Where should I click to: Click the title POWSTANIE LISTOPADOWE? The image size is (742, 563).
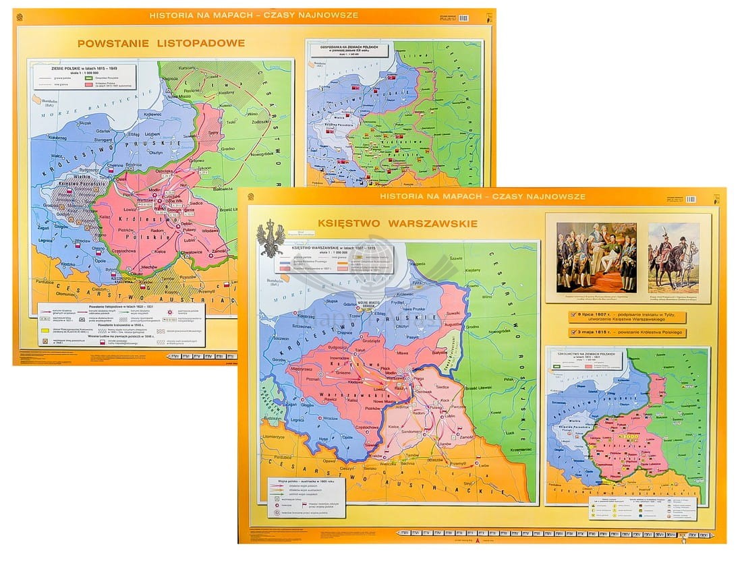click(161, 43)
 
